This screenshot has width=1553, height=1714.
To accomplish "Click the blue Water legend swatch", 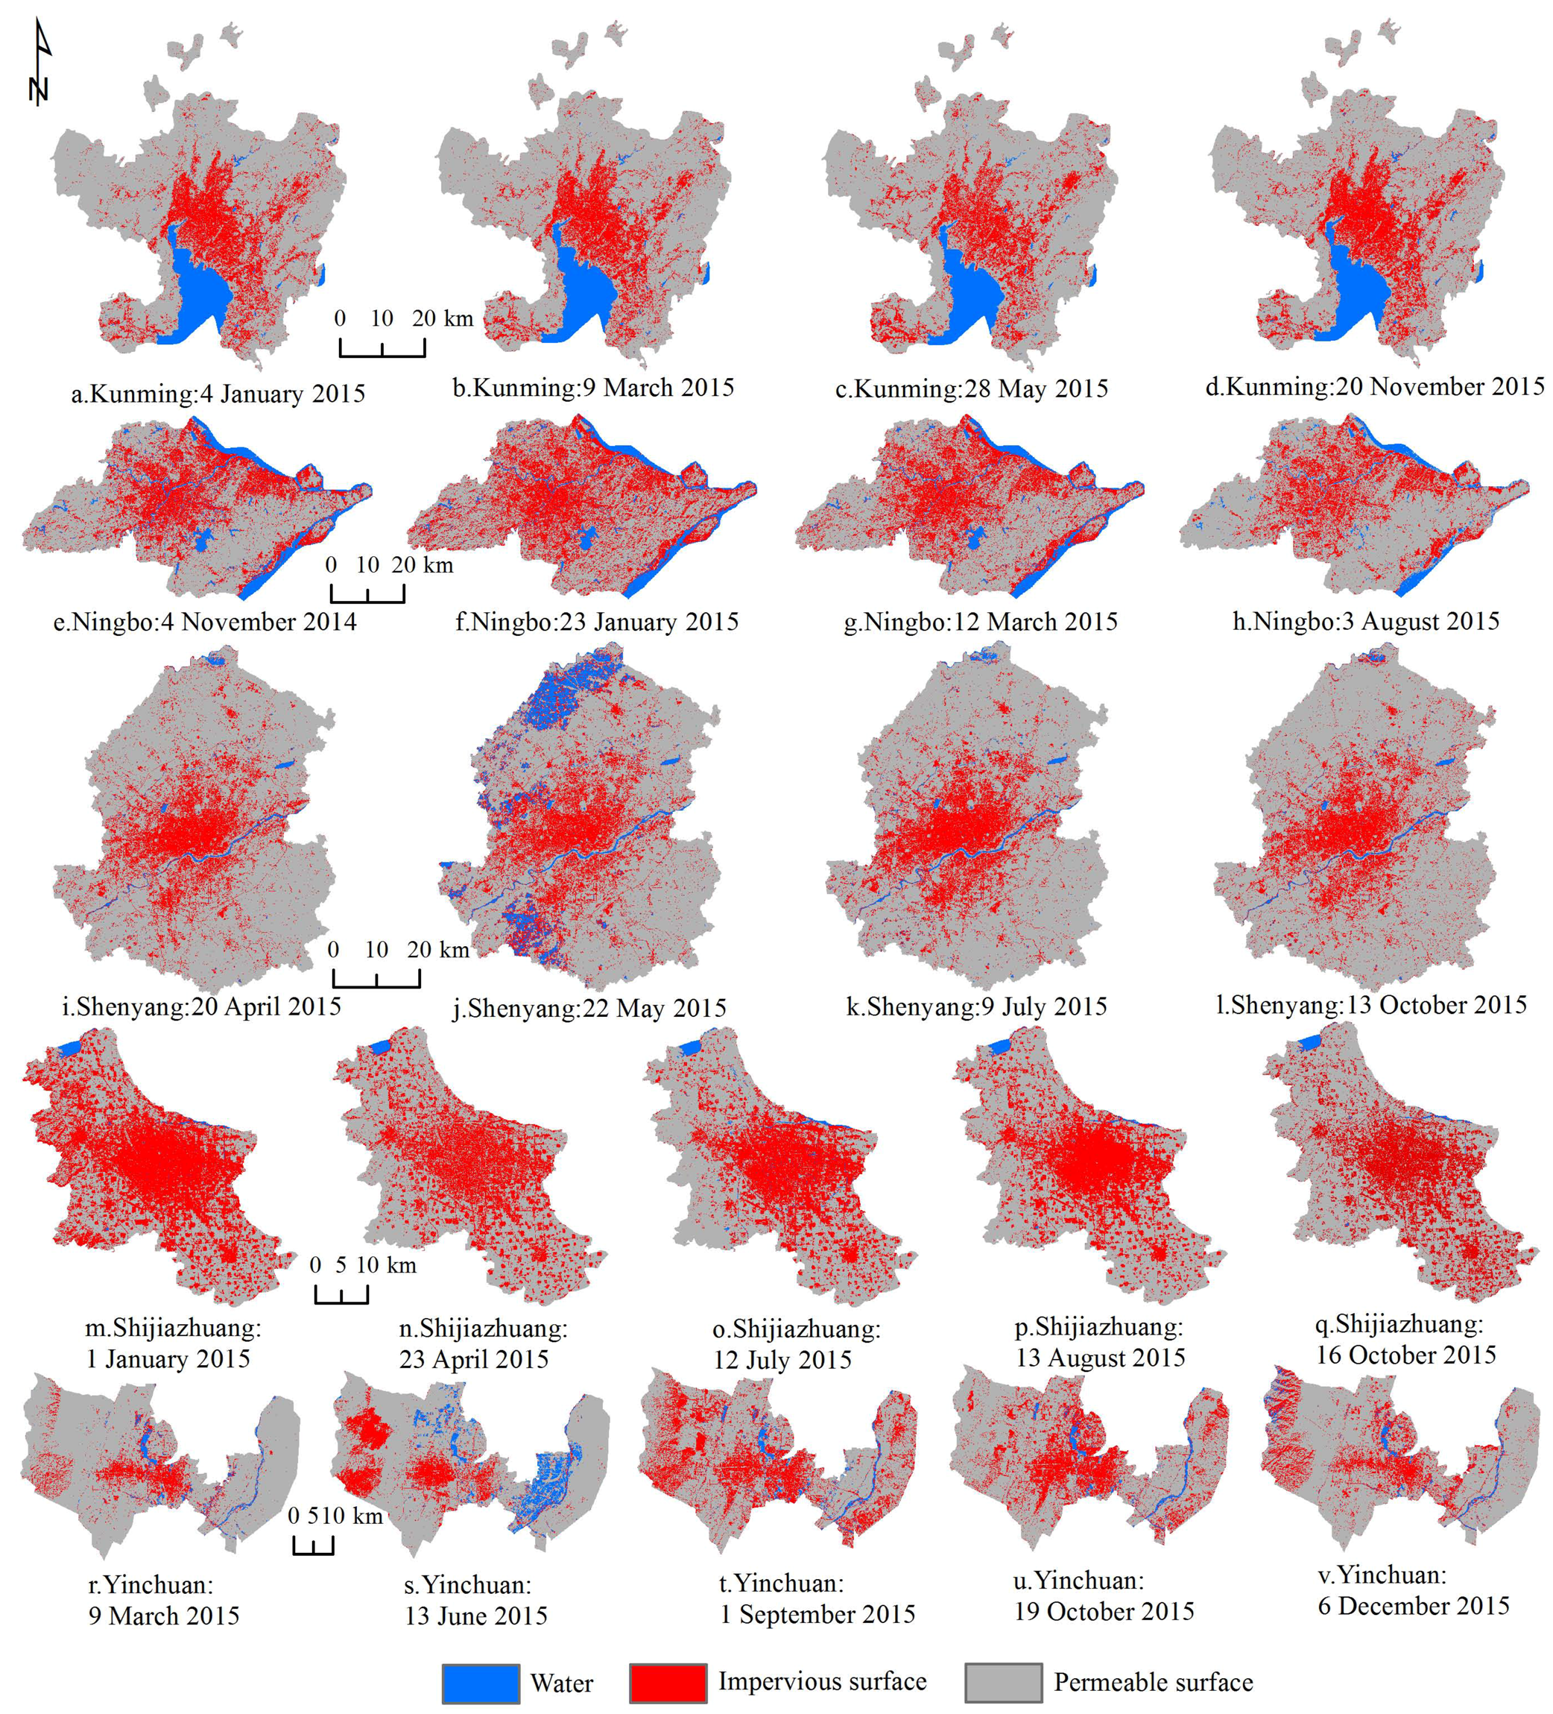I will [x=480, y=1683].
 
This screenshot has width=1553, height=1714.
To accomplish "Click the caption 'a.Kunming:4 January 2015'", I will [x=218, y=394].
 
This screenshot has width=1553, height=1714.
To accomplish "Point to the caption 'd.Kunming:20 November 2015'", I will [x=1374, y=387].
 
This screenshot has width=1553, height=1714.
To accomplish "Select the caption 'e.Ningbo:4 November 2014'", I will [x=205, y=622].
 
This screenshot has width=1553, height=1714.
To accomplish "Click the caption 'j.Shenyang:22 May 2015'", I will [x=589, y=1008].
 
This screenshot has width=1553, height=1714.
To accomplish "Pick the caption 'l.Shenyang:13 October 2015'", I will [x=1370, y=1005].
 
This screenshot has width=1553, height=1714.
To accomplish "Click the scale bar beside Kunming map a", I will [x=382, y=347].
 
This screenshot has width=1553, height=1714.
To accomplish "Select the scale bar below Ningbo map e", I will [x=367, y=593].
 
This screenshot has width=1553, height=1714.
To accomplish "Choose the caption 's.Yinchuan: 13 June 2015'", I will [x=475, y=1599].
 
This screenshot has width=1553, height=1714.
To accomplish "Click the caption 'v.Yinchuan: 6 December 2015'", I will [x=1413, y=1590].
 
